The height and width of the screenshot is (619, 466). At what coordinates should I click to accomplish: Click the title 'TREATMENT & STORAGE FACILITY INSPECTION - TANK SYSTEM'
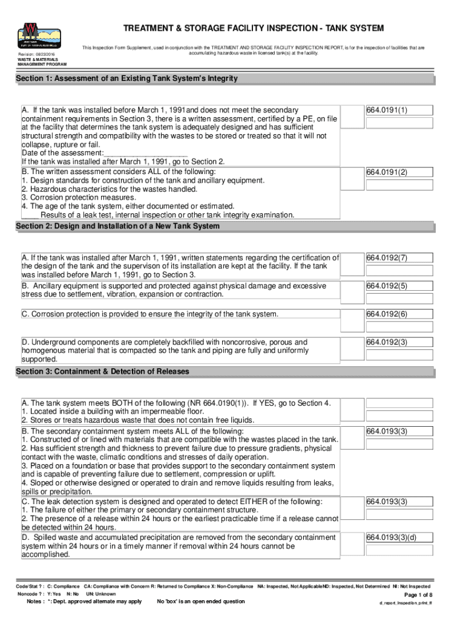(254, 29)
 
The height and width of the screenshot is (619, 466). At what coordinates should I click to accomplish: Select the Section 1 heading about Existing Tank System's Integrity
(126, 79)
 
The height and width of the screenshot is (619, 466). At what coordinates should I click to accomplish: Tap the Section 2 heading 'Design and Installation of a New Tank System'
(117, 226)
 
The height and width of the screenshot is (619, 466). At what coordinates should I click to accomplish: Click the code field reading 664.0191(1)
(398, 110)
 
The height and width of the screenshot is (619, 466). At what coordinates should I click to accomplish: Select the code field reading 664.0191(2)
(398, 172)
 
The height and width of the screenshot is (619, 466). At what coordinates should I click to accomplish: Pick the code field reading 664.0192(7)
(398, 258)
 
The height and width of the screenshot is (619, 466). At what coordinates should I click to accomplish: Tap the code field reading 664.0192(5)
(398, 286)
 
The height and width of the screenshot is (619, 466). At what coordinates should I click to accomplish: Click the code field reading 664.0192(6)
(398, 314)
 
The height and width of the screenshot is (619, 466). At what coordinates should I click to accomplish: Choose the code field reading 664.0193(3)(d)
(398, 538)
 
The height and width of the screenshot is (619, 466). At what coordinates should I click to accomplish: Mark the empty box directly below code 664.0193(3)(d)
(398, 552)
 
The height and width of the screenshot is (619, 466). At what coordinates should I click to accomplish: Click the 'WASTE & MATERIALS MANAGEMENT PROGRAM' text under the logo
(42, 62)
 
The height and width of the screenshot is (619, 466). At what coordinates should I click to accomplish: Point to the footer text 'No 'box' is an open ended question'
(201, 601)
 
